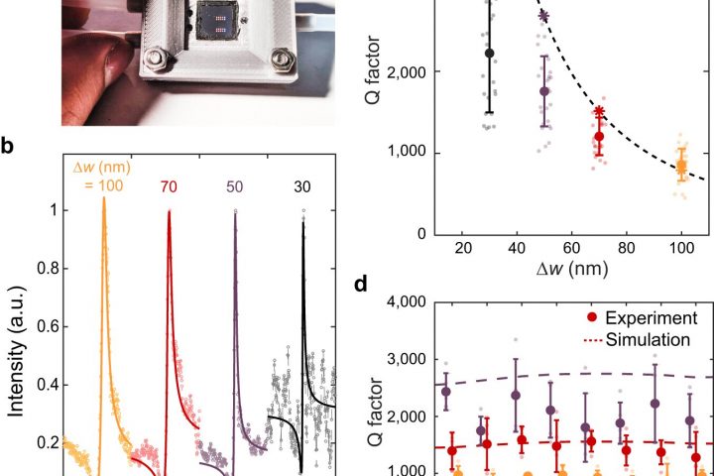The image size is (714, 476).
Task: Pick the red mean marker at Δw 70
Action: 598,136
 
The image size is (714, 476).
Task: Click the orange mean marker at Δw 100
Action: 681,167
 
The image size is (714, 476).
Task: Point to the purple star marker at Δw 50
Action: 543,15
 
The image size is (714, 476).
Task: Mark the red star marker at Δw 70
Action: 599,112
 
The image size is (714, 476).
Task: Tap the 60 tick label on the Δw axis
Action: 571,247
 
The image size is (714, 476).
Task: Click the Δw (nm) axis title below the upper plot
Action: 572,268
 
